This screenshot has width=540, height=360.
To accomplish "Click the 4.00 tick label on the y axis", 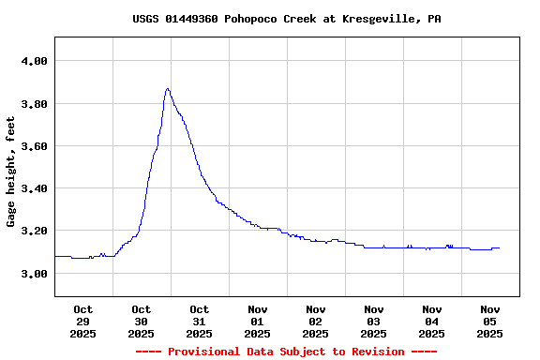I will point(34,61).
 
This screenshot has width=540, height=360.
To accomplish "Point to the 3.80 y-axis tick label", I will point(34,103).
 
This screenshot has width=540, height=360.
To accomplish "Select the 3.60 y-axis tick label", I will point(34,146).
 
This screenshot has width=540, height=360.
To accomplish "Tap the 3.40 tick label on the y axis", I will point(34,188).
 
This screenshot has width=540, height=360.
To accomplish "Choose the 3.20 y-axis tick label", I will point(34,231).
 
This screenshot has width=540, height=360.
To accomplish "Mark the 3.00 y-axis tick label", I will point(34,274).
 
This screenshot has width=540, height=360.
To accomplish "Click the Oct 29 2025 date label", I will point(82,321).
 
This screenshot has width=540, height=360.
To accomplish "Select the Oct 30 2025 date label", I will point(141,321).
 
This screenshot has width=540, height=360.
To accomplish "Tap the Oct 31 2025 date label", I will point(199,321).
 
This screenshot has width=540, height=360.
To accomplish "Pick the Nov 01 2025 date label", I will point(257,321).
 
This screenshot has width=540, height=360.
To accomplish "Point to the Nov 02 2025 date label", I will point(315,321).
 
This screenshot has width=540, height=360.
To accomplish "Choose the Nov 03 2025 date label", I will point(373,321).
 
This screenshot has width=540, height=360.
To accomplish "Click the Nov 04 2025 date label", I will point(431,321).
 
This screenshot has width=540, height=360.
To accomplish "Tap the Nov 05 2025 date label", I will point(489,321).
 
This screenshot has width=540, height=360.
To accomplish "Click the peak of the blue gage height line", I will point(167,89).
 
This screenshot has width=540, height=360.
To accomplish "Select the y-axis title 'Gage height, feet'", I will point(11,172).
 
